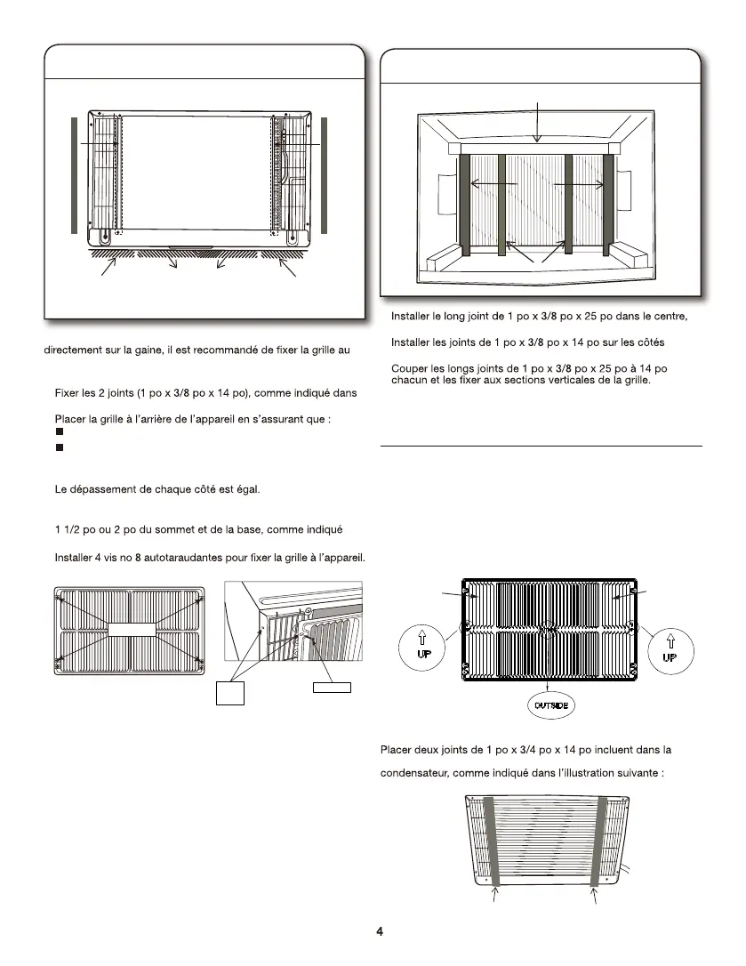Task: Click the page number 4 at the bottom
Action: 380,931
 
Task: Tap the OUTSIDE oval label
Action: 548,705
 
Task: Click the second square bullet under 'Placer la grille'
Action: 59,447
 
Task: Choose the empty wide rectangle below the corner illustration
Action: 331,687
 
